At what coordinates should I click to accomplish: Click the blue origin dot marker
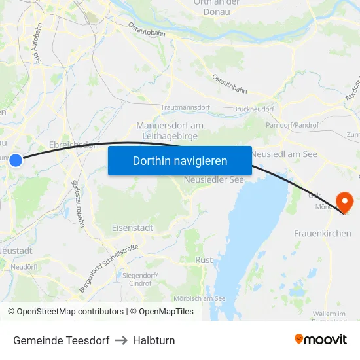click(16, 160)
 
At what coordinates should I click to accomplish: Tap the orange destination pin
click(344, 202)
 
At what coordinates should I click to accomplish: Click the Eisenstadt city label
click(132, 228)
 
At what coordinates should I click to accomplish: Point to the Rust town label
click(204, 260)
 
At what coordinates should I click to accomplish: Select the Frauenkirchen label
click(322, 233)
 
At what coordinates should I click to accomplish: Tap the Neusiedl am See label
click(284, 153)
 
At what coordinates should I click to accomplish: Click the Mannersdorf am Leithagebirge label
click(170, 130)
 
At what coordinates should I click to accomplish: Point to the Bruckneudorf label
click(253, 109)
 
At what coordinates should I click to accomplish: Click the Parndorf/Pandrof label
click(293, 124)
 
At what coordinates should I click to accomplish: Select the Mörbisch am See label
click(200, 298)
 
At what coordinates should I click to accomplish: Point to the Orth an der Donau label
click(217, 7)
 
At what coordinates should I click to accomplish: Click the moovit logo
click(320, 339)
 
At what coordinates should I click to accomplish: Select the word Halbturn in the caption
click(154, 340)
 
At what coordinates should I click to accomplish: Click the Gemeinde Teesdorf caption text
click(61, 340)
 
